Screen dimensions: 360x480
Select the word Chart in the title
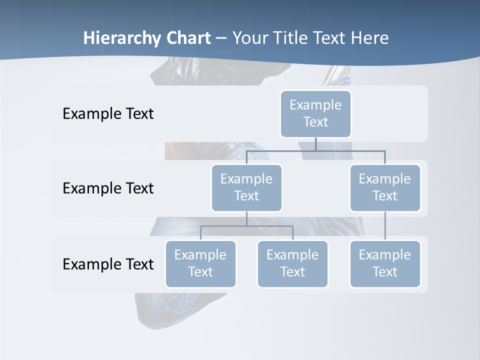[x=186, y=38]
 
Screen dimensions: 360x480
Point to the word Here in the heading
[x=369, y=38]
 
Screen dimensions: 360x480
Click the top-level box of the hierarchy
[x=315, y=113]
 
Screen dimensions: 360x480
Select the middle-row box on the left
[x=246, y=187]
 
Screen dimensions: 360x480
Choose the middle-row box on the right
[x=385, y=187]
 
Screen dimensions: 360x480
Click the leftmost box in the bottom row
[x=200, y=263]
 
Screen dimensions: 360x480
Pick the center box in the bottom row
[x=292, y=263]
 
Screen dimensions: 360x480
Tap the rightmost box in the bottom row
[x=385, y=263]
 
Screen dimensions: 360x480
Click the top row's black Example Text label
[x=108, y=114]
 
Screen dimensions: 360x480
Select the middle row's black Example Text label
[x=108, y=188]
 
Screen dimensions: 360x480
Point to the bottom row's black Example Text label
[x=108, y=264]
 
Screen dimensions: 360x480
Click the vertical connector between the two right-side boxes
[x=385, y=226]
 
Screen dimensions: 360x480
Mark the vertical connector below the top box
[x=315, y=144]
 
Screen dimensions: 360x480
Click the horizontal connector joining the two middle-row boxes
[x=315, y=150]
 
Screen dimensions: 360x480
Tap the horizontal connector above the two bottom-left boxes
[x=246, y=226]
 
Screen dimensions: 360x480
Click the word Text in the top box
[x=315, y=122]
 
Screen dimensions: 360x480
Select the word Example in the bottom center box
[x=292, y=255]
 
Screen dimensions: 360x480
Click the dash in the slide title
[x=221, y=38]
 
